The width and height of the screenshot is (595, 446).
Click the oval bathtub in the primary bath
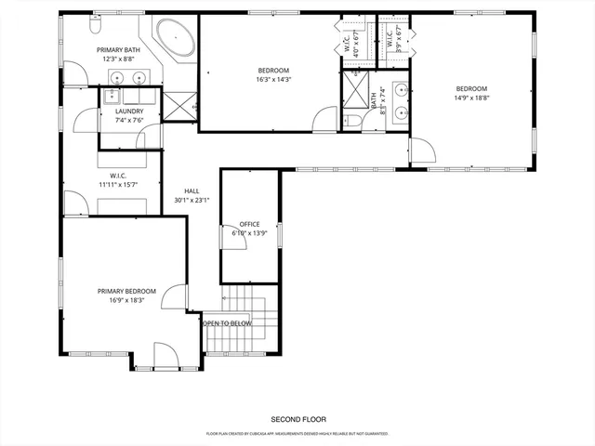tap(175, 39)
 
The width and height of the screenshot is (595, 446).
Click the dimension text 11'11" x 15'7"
tap(117, 184)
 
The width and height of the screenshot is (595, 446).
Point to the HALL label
tap(192, 190)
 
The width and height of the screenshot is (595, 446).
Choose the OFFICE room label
tap(248, 224)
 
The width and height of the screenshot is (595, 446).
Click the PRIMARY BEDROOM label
tap(124, 291)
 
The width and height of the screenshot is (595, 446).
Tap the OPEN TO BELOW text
tap(227, 323)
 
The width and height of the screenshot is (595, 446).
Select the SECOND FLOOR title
tap(297, 419)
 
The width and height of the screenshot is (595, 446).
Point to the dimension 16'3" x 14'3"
tap(273, 80)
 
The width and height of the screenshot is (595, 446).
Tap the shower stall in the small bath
tap(355, 91)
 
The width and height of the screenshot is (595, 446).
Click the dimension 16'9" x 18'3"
tap(124, 300)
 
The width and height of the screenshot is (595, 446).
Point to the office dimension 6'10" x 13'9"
tap(248, 233)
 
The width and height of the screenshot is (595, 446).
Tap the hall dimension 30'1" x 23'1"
tap(192, 200)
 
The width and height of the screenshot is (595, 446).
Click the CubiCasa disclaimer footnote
tap(297, 433)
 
